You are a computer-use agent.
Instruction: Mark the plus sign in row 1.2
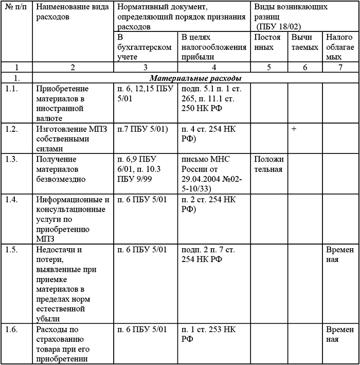(x=294, y=129)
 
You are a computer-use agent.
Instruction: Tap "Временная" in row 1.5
(x=339, y=255)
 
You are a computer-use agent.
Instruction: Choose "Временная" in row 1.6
(x=339, y=334)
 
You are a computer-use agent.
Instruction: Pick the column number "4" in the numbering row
(x=214, y=67)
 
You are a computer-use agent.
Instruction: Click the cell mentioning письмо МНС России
(x=214, y=171)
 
